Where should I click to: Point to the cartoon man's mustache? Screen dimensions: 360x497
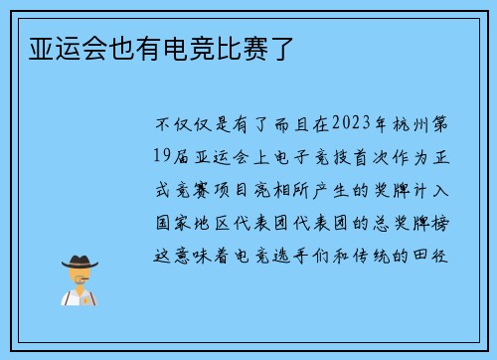[80, 281]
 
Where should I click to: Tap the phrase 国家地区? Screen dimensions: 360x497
[196, 221]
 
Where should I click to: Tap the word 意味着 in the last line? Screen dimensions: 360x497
[207, 253]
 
